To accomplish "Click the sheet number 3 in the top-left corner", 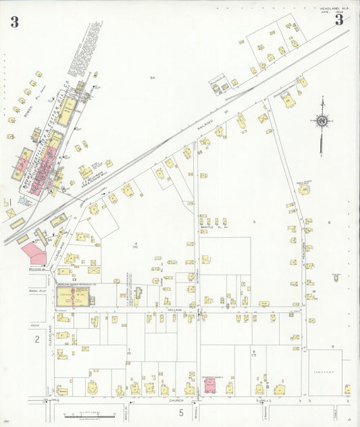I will tap(14, 21).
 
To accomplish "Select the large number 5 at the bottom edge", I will tap(181, 411).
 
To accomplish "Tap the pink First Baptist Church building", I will tap(210, 386).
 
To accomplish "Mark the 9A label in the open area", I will tap(153, 78).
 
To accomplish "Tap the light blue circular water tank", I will tap(26, 201).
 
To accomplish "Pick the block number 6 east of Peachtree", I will tap(330, 222).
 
